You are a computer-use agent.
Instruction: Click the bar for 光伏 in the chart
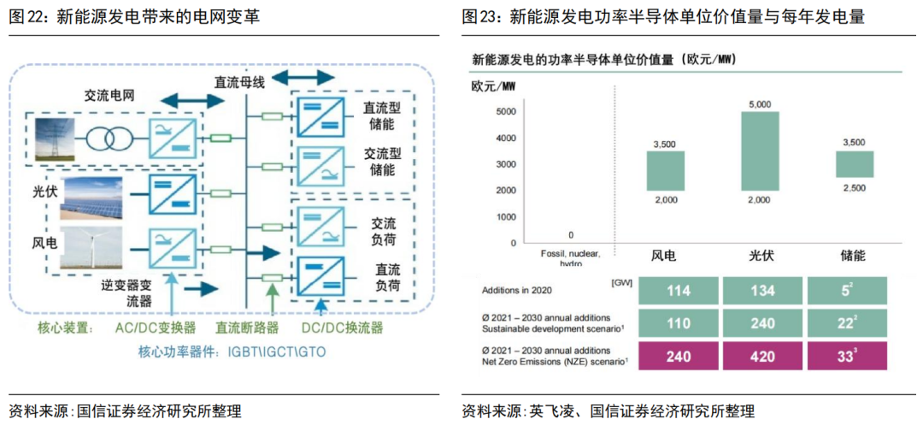pos(760,151)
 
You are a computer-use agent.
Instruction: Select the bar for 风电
pos(665,170)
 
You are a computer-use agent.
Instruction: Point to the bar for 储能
pos(854,163)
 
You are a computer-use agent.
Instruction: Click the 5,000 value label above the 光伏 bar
pos(760,104)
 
